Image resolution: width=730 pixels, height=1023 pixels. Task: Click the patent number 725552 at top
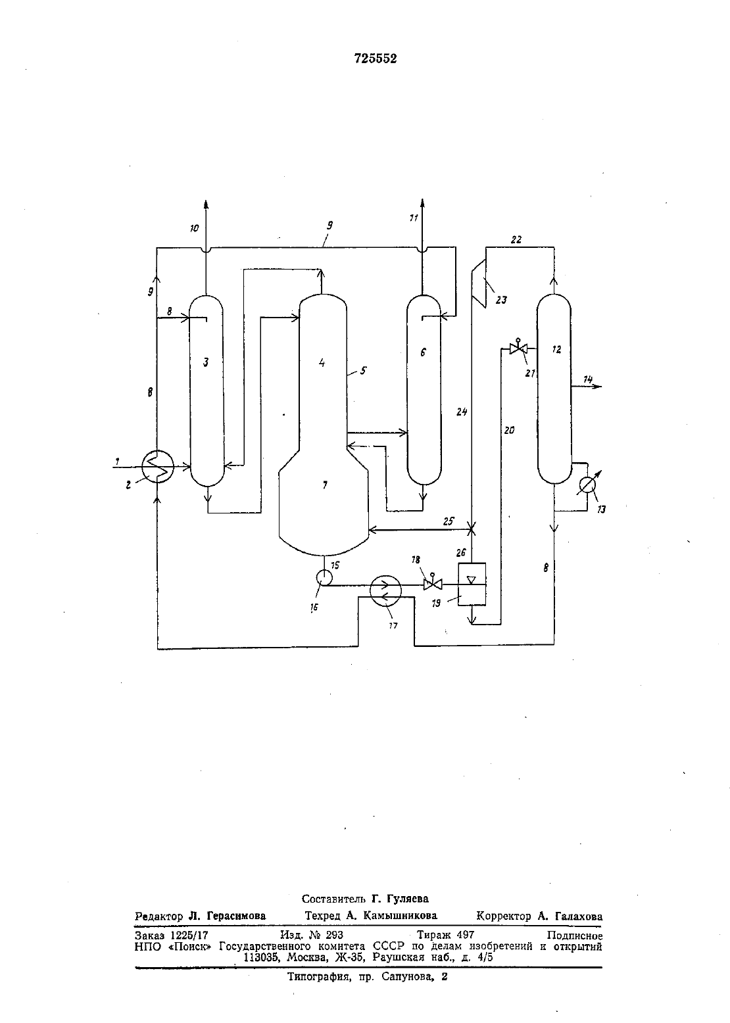375,59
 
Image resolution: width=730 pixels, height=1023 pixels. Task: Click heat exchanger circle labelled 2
158,466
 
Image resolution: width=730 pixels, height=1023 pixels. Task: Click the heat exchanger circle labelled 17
385,590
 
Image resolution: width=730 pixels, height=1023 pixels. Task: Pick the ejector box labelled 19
472,584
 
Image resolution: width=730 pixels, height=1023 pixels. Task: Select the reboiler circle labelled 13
587,485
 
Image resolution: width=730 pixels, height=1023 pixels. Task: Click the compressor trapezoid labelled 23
478,283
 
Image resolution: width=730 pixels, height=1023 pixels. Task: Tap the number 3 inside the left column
206,362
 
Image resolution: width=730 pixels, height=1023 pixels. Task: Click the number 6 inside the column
423,352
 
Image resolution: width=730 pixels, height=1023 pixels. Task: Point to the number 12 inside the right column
556,349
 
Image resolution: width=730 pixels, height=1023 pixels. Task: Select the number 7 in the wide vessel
325,485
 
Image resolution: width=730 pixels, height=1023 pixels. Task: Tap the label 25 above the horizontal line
449,521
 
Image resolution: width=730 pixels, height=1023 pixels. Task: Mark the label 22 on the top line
516,240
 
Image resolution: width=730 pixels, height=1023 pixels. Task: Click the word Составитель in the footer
333,899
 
